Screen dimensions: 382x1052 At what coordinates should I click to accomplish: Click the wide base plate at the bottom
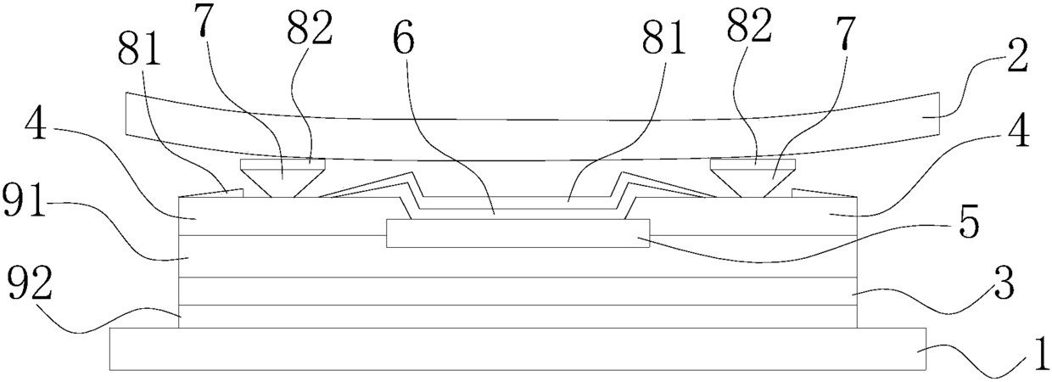[518, 349]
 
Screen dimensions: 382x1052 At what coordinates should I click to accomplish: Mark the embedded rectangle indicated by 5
[518, 233]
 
